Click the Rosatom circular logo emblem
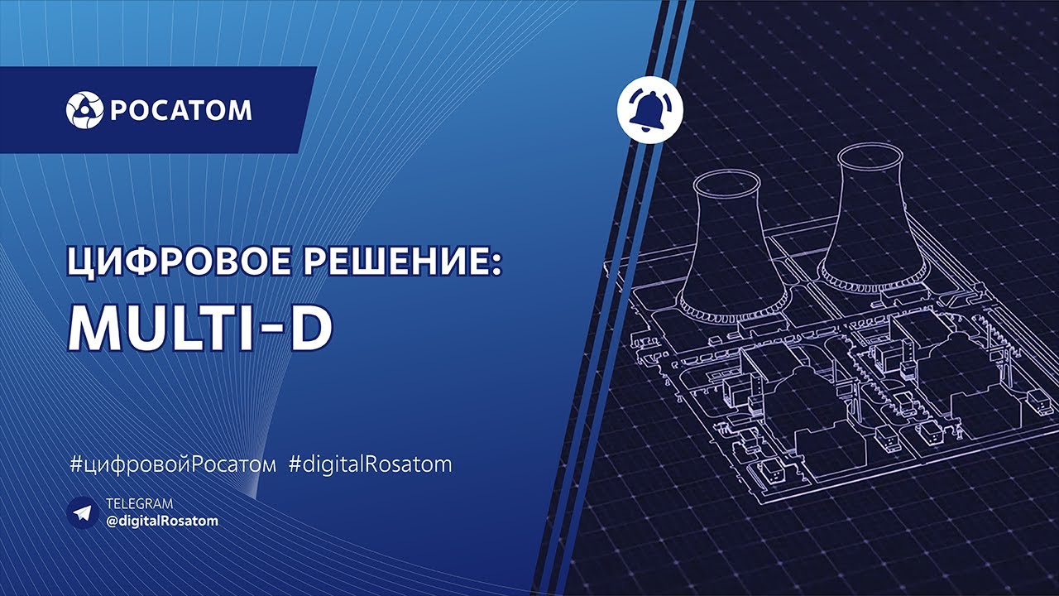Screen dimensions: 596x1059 click(84, 110)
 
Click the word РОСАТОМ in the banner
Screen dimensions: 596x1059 click(180, 111)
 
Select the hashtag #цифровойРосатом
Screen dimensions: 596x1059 click(173, 464)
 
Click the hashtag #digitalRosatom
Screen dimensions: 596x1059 click(371, 464)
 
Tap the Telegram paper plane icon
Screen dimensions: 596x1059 click(83, 512)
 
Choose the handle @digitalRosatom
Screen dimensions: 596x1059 click(163, 521)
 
